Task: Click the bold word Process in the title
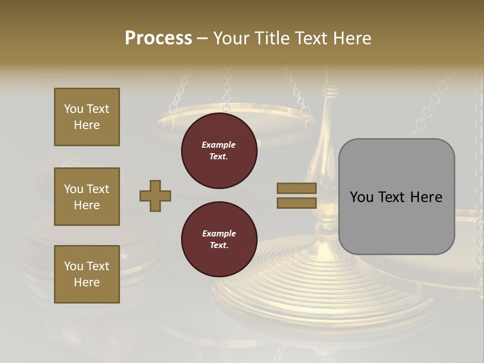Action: (158, 38)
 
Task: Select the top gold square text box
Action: (87, 117)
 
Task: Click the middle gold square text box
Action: (87, 197)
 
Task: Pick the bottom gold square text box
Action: (87, 274)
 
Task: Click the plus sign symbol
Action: (155, 196)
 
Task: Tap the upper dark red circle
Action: (219, 151)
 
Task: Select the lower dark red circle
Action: (219, 239)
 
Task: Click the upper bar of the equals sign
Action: (297, 188)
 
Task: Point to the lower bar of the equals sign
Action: (297, 203)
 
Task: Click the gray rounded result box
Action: (396, 197)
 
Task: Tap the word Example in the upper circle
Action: (219, 145)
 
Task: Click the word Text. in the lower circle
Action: (219, 246)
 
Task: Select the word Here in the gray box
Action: (426, 197)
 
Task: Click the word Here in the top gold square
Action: (87, 125)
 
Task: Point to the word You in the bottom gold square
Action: (74, 266)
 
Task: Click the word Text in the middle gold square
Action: (98, 189)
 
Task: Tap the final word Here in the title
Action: (353, 38)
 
